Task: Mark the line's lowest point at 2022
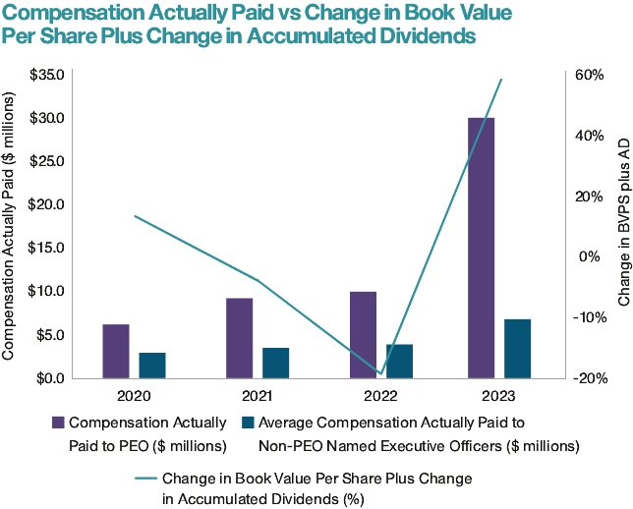pyautogui.click(x=379, y=373)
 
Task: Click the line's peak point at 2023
pyautogui.click(x=501, y=80)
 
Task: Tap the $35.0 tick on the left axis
pyautogui.click(x=47, y=75)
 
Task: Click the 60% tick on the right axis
pyautogui.click(x=588, y=75)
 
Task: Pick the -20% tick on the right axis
pyautogui.click(x=590, y=378)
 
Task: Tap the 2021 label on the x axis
pyautogui.click(x=257, y=397)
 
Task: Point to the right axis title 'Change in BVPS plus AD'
pyautogui.click(x=620, y=222)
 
